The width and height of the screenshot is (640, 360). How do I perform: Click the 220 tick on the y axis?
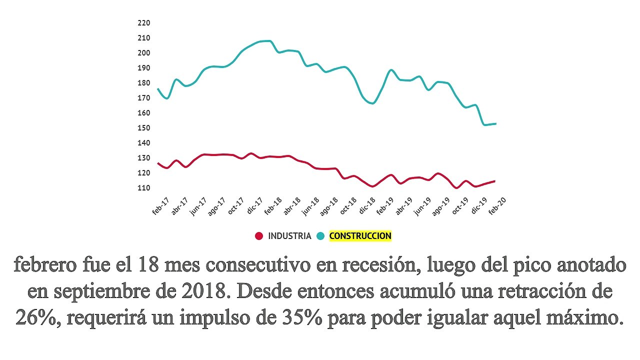[x=144, y=23]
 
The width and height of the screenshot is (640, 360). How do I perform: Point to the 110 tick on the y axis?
[x=144, y=188]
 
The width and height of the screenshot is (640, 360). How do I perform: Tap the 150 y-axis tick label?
[x=144, y=128]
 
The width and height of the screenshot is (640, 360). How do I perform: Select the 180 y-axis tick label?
[x=144, y=83]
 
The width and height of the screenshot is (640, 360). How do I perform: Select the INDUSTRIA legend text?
[x=289, y=236]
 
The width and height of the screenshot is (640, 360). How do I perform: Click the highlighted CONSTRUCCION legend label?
[x=360, y=236]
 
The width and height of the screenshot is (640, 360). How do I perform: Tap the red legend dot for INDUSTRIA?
[x=259, y=236]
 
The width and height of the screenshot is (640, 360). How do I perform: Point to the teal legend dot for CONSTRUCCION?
[x=320, y=236]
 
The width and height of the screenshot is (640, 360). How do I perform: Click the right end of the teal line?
[x=495, y=123]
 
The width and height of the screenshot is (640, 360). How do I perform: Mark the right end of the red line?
[x=494, y=181]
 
